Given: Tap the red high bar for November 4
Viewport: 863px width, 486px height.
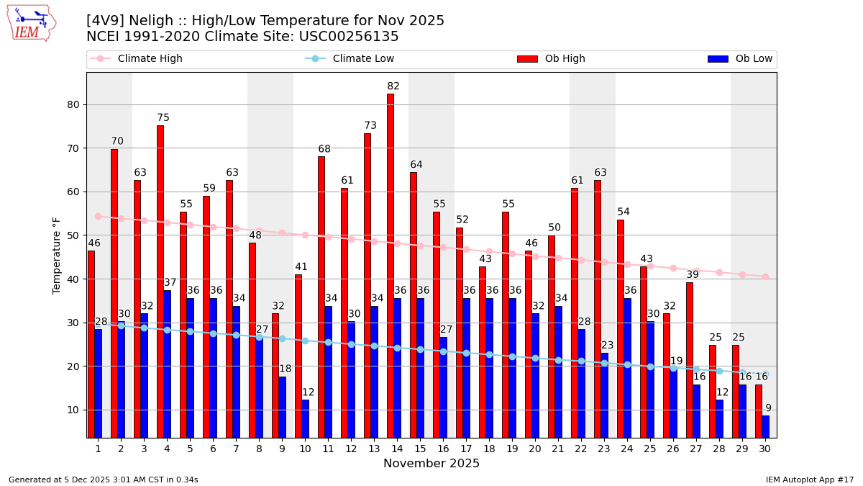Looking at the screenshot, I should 160,281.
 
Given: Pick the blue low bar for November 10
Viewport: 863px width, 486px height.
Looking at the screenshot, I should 306,418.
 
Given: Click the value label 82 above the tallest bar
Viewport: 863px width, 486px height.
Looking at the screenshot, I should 393,86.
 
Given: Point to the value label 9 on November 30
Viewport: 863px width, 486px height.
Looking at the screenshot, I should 768,408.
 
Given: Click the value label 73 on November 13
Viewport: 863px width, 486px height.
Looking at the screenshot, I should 370,125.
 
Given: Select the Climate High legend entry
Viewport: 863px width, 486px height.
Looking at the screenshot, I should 150,59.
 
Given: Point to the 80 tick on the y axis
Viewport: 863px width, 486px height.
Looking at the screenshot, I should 73,104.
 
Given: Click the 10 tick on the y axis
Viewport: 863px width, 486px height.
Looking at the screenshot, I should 73,410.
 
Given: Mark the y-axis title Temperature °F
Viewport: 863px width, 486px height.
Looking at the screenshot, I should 57,255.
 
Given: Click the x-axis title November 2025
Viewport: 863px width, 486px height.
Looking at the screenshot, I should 431,464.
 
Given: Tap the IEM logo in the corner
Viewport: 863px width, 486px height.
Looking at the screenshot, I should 31,23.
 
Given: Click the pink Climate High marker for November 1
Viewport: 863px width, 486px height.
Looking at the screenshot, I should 98,216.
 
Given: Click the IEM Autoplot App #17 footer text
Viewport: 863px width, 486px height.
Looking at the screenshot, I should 810,480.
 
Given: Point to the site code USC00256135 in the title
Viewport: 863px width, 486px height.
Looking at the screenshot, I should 348,37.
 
